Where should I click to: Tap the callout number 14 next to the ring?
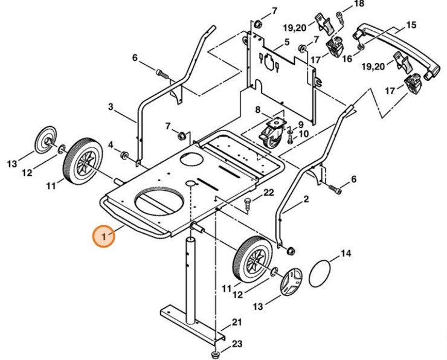click(345, 254)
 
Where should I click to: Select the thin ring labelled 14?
click(321, 274)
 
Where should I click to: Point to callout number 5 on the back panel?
click(287, 42)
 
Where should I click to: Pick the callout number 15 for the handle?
click(411, 25)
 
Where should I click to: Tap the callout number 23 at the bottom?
click(236, 344)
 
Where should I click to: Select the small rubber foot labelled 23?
click(214, 353)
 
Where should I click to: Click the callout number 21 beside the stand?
click(237, 322)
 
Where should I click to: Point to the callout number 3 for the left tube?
click(111, 107)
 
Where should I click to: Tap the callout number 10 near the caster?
click(303, 133)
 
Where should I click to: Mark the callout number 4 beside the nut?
click(111, 145)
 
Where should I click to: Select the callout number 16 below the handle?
click(347, 59)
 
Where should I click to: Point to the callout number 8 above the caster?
click(257, 110)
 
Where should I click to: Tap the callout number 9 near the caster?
click(300, 124)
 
